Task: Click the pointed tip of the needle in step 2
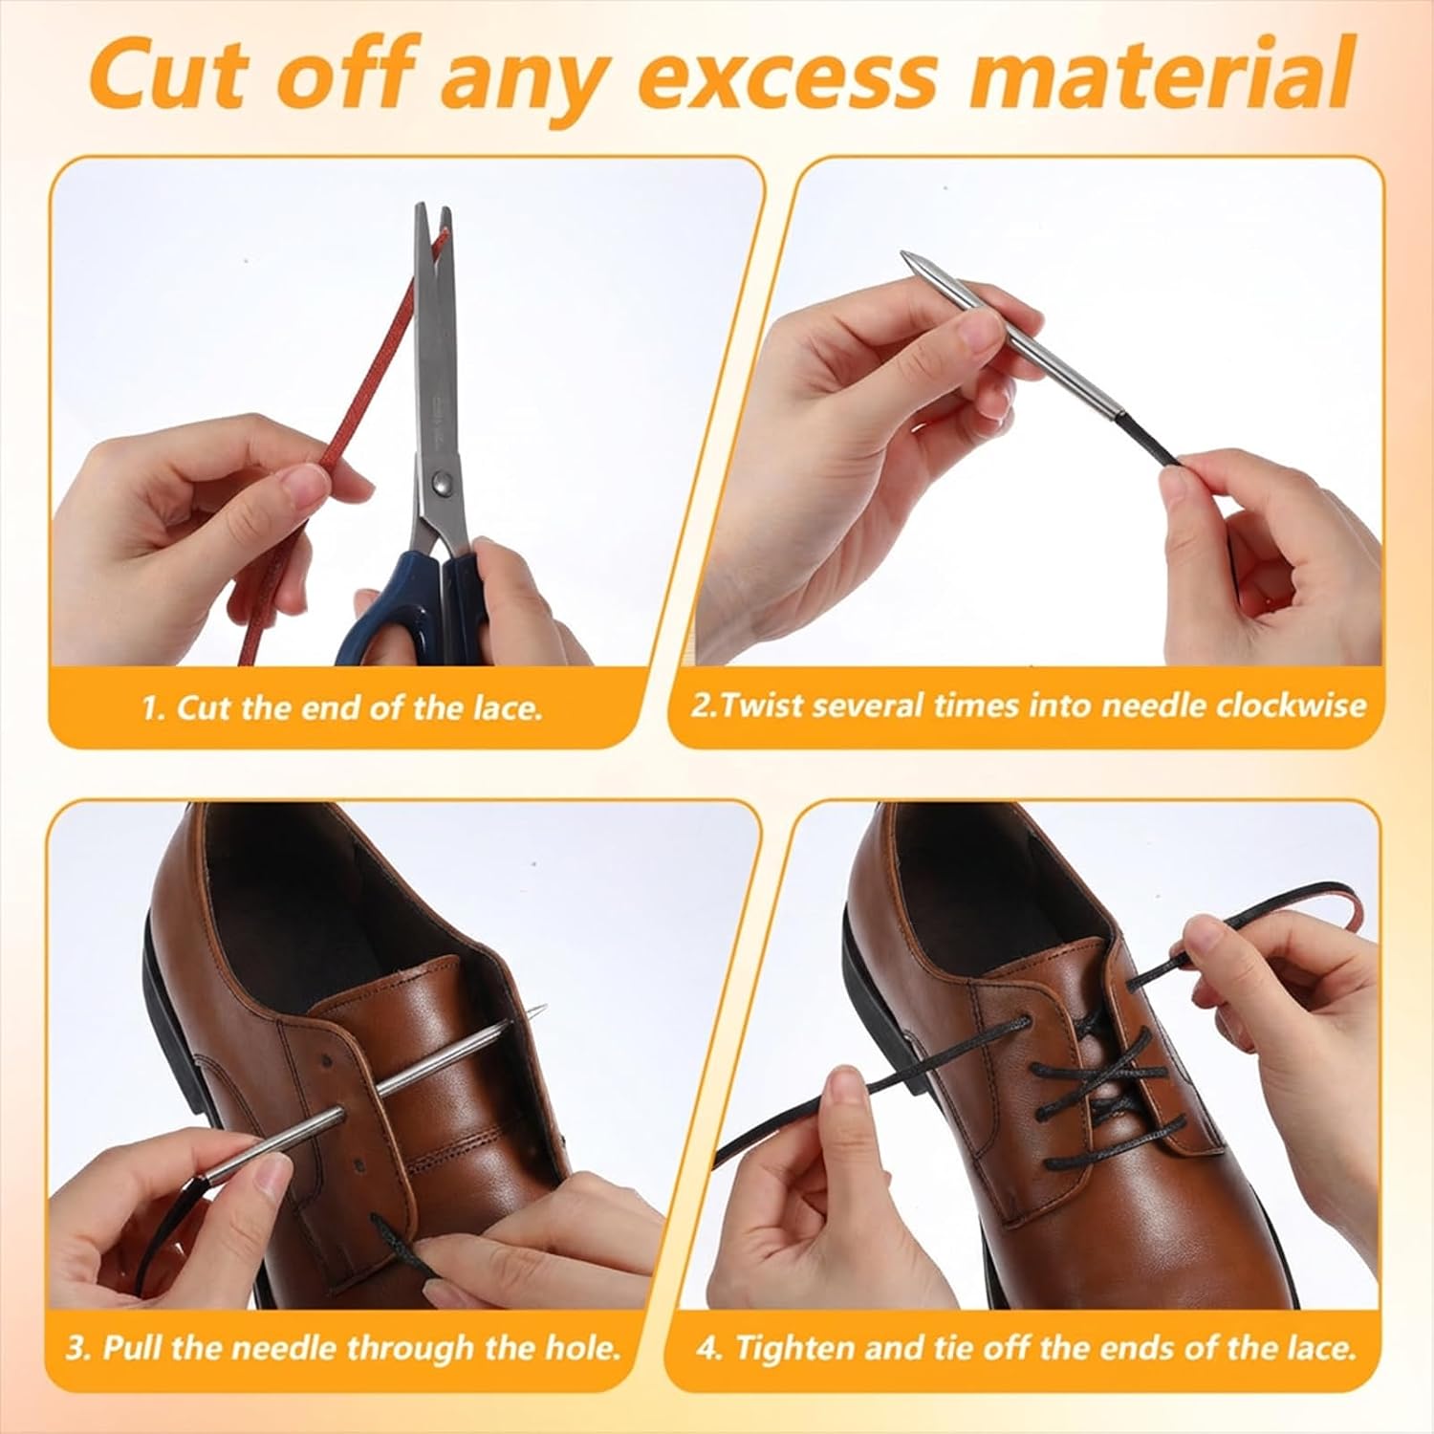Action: tap(903, 255)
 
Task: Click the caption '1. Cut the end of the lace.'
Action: tap(342, 708)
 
